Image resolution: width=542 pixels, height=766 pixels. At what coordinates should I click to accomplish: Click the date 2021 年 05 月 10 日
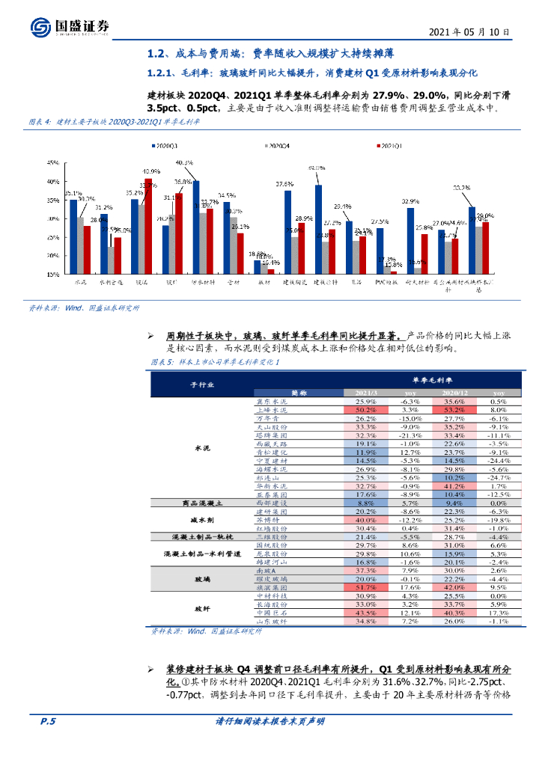coord(469,33)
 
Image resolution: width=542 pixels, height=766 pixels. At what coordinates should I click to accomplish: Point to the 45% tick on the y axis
coord(55,162)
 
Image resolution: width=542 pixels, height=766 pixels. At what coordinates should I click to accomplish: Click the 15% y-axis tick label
coord(55,275)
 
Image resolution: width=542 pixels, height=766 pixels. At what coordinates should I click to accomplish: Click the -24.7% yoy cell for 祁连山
coord(497,477)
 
